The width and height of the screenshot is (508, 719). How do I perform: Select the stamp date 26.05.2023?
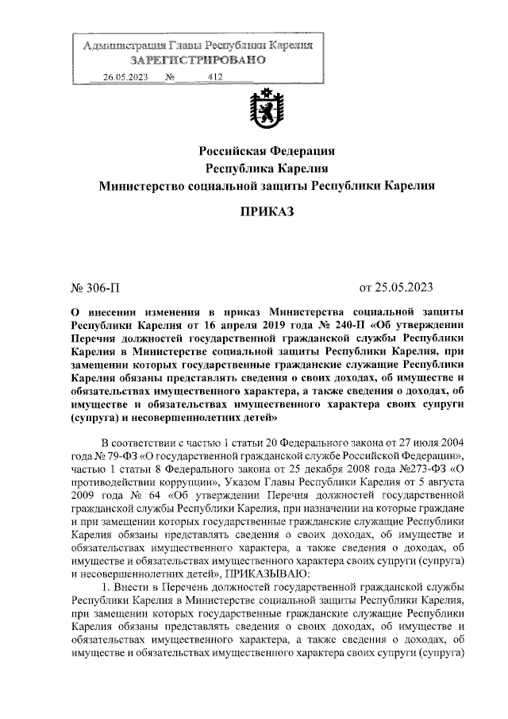click(127, 77)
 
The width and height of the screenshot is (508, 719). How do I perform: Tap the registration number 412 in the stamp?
click(214, 77)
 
